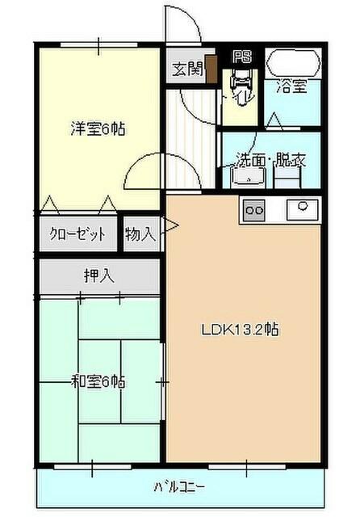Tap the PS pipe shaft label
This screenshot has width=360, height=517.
tap(241, 57)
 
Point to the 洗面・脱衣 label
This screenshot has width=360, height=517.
tap(270, 159)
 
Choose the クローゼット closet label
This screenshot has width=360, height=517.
tap(78, 235)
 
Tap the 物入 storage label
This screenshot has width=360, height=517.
tap(140, 235)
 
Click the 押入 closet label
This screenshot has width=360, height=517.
tap(98, 276)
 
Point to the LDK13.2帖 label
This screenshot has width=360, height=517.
tap(241, 330)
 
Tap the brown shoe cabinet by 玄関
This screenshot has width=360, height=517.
tap(211, 69)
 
